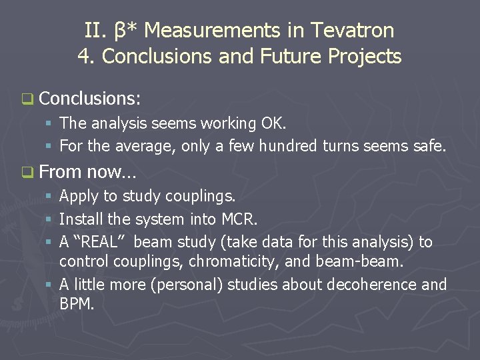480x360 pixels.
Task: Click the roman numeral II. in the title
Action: pyautogui.click(x=94, y=30)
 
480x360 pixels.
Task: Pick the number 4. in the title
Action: pyautogui.click(x=87, y=56)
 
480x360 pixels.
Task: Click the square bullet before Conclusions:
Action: pyautogui.click(x=27, y=99)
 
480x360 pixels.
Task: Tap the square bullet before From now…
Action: pyautogui.click(x=27, y=173)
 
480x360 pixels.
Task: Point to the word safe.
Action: pyautogui.click(x=427, y=145)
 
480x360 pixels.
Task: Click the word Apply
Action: pyautogui.click(x=79, y=197)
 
